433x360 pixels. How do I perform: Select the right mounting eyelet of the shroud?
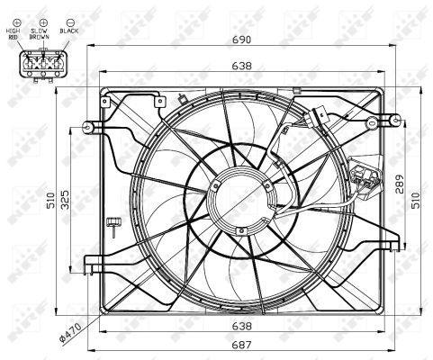coord(394,118)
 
